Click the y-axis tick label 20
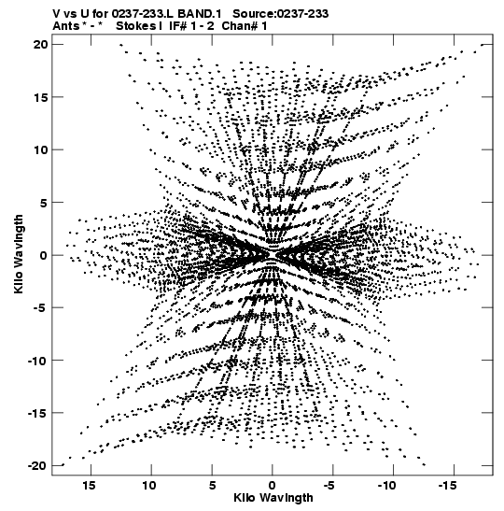pos(40,44)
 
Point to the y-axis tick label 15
pos(40,97)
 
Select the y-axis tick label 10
pos(40,149)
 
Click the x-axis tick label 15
pos(90,485)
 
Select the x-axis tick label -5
pos(329,485)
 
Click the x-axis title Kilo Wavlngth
pos(273,498)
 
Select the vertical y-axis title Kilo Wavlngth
pos(19,254)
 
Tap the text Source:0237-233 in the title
pos(281,14)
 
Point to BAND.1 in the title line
pos(200,14)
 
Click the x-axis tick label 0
pos(272,485)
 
